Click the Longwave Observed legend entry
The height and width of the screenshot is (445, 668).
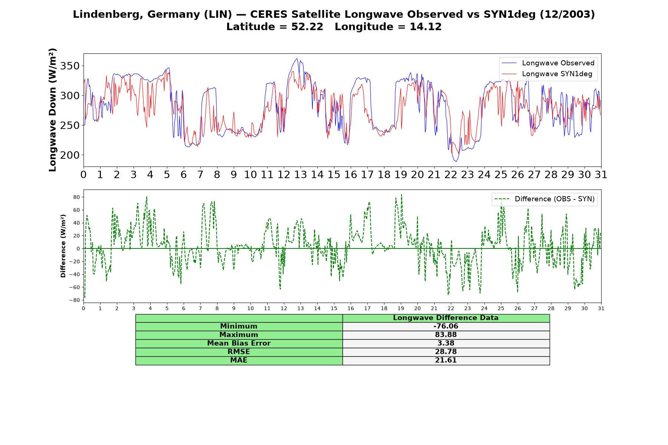(548, 63)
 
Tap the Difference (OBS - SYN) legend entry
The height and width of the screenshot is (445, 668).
(544, 199)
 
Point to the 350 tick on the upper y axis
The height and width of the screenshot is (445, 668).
(70, 66)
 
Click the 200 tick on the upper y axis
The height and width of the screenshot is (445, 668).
(70, 155)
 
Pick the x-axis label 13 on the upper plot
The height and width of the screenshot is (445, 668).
(300, 175)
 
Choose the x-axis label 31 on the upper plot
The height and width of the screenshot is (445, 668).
(601, 175)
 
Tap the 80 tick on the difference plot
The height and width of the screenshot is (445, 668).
(76, 197)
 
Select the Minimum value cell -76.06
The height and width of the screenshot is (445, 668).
(446, 326)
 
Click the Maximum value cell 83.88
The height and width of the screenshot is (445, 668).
(446, 335)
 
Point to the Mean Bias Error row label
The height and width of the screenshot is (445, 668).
(239, 343)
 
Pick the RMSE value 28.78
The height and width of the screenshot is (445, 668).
(446, 352)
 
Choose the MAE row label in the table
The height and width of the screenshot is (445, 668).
(239, 360)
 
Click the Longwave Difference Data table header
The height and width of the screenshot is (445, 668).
(446, 318)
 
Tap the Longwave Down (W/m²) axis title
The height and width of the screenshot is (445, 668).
(52, 110)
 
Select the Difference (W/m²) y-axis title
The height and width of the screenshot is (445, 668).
(63, 246)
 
